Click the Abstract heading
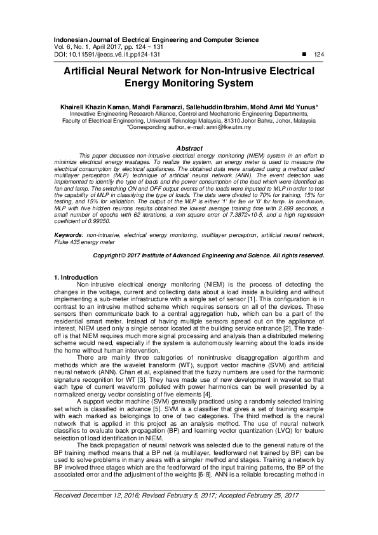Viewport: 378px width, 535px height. click(189, 148)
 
